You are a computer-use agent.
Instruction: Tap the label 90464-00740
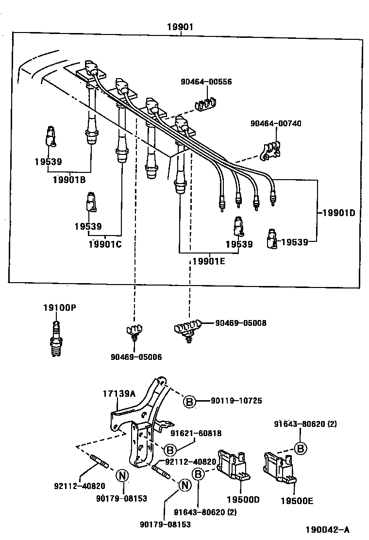coord(276,123)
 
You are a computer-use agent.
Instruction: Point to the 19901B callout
coord(69,180)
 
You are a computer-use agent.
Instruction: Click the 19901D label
coord(338,212)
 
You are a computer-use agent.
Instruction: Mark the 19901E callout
coord(209,261)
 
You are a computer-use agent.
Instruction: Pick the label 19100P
coord(59,307)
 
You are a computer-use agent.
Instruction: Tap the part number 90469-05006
coord(136,357)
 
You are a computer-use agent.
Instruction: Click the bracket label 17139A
coord(119,394)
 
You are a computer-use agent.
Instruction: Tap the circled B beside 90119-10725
coord(190,402)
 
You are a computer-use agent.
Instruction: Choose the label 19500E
coord(297,500)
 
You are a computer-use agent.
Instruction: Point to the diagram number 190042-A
coord(327,529)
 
